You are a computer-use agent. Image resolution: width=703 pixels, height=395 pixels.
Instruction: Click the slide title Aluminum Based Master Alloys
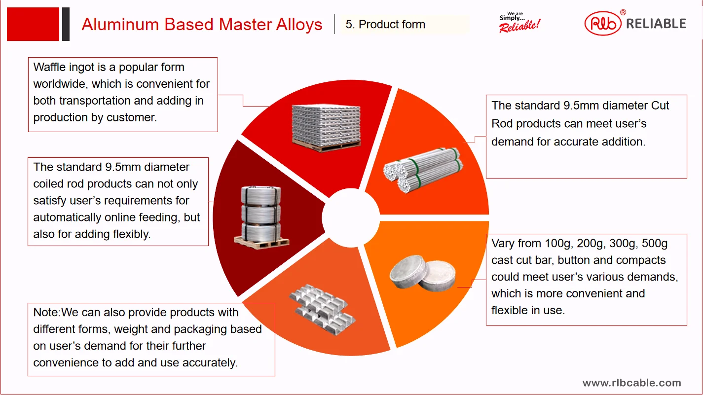202,24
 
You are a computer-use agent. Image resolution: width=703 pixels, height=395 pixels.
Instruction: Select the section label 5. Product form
385,25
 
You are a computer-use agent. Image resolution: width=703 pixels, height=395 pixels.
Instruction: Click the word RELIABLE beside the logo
656,24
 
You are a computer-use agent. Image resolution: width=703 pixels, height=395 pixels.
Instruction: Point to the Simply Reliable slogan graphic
519,22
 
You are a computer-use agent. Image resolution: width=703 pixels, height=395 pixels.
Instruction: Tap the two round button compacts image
423,275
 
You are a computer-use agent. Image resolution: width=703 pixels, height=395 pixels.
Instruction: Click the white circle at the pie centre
351,217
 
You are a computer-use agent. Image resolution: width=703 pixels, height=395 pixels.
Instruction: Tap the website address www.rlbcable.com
631,383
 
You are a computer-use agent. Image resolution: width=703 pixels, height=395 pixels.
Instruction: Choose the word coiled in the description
48,184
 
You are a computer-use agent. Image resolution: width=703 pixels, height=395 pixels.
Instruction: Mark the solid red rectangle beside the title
33,24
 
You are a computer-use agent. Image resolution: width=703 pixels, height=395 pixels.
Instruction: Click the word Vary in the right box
503,244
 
